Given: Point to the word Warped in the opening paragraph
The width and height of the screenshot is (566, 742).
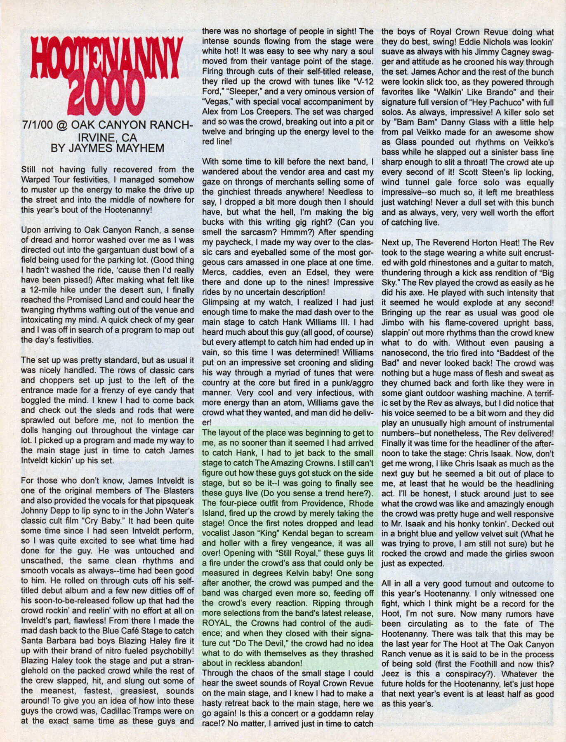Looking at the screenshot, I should (x=38, y=180).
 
